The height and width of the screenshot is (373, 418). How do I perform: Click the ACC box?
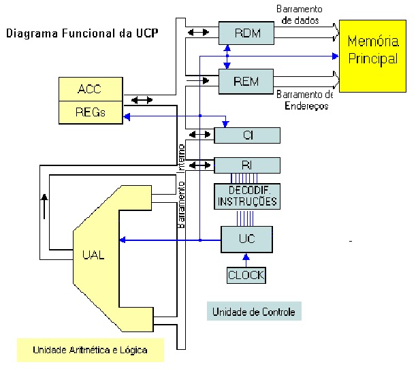pos(90,90)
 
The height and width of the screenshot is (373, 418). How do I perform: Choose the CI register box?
pos(247,135)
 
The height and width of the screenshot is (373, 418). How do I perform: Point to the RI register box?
pos(247,165)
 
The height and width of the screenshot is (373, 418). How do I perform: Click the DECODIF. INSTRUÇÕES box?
pos(246,197)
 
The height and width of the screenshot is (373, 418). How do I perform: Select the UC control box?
pos(246,239)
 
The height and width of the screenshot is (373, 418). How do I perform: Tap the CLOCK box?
pos(246,275)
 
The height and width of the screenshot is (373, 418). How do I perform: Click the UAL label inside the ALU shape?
pos(93,255)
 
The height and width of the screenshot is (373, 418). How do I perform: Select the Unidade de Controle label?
pos(253,312)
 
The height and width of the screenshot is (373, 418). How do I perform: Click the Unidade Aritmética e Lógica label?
pos(89,350)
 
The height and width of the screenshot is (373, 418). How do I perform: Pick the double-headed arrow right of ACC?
pos(142,100)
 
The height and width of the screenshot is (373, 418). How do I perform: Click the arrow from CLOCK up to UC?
pos(246,260)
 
